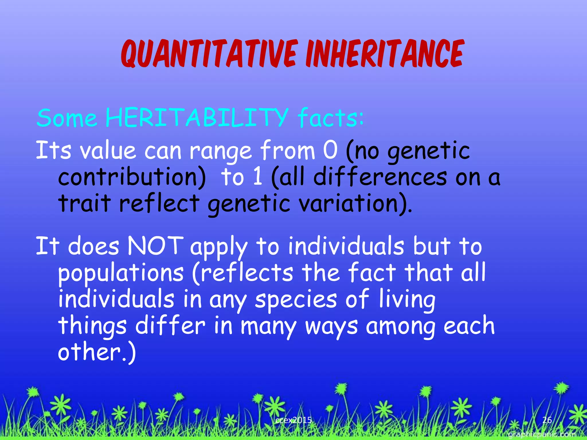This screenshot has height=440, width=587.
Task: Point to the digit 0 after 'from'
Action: (330, 150)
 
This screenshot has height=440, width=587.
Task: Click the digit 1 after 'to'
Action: (258, 177)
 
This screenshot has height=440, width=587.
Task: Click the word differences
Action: (380, 177)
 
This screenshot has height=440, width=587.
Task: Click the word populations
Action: (121, 273)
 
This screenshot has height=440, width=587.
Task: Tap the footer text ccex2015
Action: (293, 420)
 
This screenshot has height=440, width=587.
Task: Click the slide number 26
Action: (547, 420)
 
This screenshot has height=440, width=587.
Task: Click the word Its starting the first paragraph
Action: (53, 150)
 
